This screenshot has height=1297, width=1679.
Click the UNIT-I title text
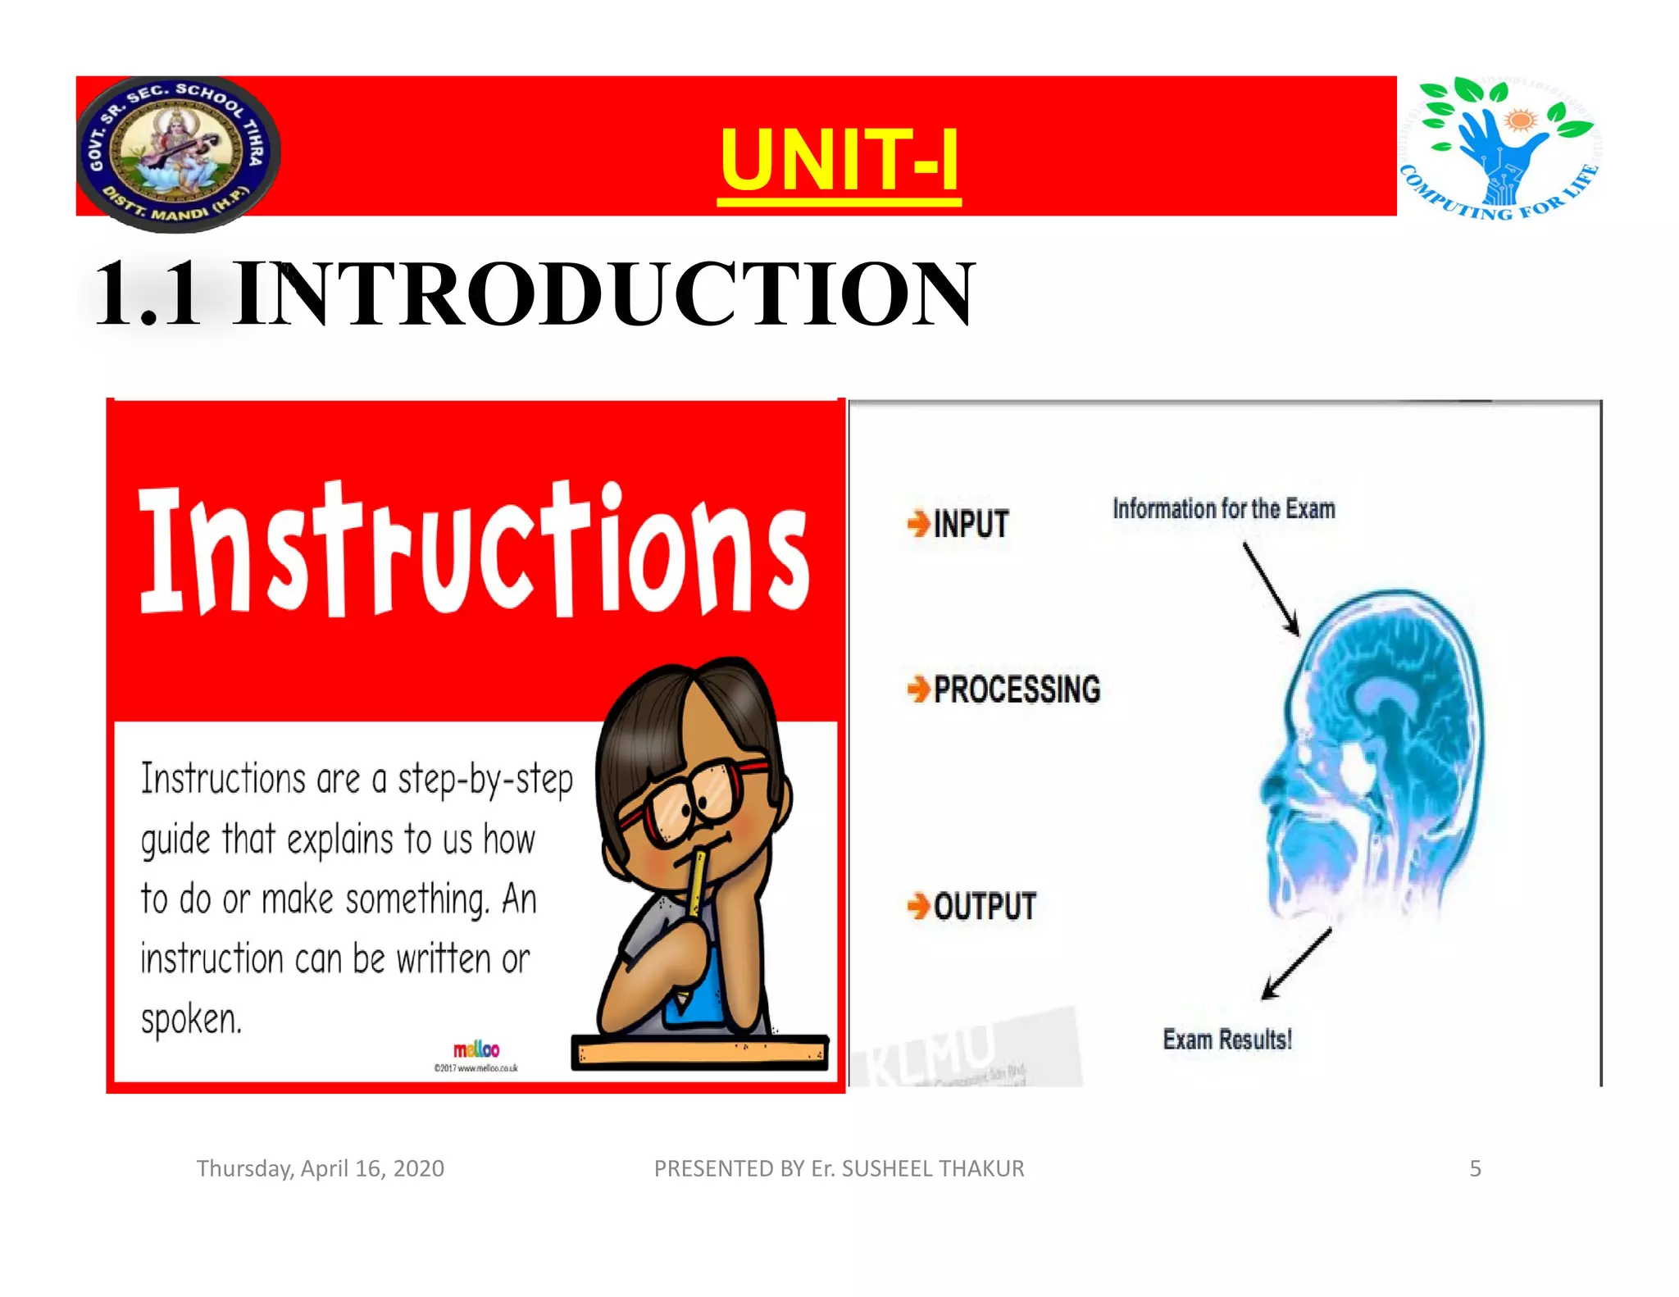pos(839,160)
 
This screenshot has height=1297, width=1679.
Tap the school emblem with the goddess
pos(178,152)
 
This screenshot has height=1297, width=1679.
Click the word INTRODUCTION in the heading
pos(603,294)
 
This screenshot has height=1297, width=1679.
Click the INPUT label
pos(971,525)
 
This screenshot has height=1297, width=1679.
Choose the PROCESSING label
pos(1017,689)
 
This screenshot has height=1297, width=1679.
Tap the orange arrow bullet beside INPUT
pos(918,523)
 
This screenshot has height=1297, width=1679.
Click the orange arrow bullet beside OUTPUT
pos(918,906)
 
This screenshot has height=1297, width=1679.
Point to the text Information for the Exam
pos(1223,509)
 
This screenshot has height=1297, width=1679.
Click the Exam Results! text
pos(1227,1040)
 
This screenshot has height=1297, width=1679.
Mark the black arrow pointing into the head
pos(1272,589)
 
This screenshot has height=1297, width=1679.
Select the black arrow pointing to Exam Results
pos(1295,965)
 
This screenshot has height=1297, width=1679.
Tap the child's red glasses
pos(697,799)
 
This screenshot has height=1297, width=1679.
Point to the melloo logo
pos(476,1049)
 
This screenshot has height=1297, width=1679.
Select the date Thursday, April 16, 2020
pos(320,1168)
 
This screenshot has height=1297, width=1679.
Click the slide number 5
pos(1475,1168)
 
